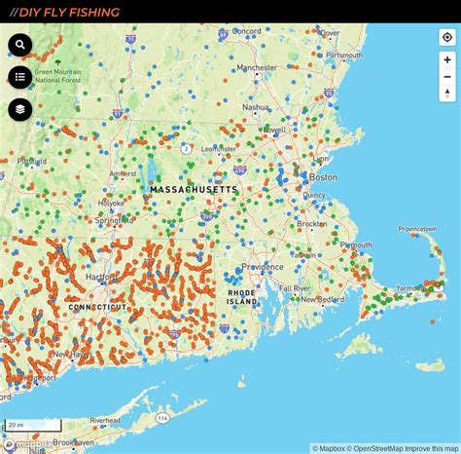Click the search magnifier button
(20, 45)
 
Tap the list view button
(20, 77)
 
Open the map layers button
(20, 109)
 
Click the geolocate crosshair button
(446, 38)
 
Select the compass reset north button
(446, 94)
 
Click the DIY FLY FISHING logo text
(65, 13)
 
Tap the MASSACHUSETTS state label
(195, 190)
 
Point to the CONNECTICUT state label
(97, 307)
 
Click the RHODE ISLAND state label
(241, 297)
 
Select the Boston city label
(323, 177)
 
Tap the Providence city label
(263, 267)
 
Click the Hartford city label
(101, 277)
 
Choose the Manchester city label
(257, 68)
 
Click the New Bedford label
(324, 299)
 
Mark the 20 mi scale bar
(32, 426)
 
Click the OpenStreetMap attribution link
(374, 448)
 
